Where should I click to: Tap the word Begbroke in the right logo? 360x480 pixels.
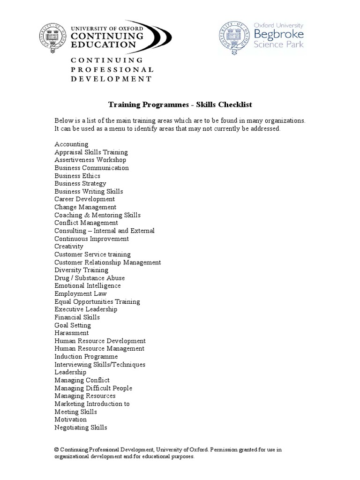278,34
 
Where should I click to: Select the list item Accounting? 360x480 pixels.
71,144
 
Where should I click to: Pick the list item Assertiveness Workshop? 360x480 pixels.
90,160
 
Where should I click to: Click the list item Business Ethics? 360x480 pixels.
77,176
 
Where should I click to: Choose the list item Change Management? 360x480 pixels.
85,207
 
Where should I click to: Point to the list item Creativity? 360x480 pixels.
69,247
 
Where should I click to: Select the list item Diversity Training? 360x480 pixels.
81,270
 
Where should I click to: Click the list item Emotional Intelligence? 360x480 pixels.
88,285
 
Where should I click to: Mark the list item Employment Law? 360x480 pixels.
81,293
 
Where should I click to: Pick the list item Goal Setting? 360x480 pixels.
73,325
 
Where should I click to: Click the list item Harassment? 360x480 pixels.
71,333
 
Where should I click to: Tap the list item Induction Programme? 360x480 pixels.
86,357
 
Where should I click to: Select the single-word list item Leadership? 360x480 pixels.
70,372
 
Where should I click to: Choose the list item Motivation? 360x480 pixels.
70,420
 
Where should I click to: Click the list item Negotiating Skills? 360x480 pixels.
81,427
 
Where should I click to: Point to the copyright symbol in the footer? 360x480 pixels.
57,450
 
